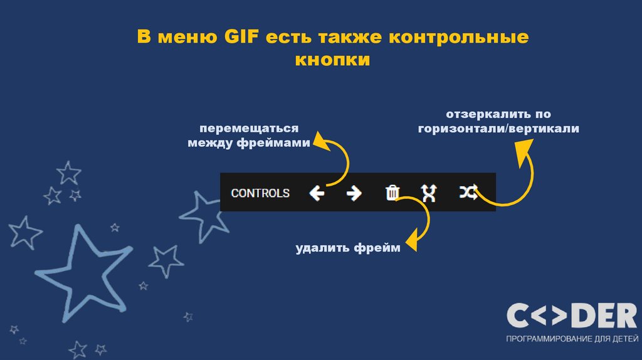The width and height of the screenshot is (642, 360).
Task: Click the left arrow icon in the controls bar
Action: [317, 193]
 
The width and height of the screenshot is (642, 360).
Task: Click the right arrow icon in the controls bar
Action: [354, 193]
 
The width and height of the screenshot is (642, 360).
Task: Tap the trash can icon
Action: [392, 193]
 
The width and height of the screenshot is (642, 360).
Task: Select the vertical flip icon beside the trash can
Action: [428, 193]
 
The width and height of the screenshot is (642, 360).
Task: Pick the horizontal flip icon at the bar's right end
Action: [468, 193]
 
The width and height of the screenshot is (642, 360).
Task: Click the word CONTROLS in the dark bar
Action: [260, 193]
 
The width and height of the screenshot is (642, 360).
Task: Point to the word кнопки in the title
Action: [333, 60]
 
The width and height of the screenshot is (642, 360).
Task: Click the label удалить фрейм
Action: [348, 248]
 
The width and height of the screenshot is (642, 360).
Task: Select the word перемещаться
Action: [249, 129]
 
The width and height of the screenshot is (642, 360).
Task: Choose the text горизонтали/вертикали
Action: [499, 129]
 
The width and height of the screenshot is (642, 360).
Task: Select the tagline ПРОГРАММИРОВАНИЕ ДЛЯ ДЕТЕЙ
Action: [571, 339]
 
